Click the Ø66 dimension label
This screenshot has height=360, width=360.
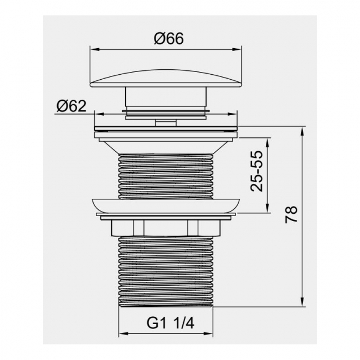pyautogui.click(x=169, y=38)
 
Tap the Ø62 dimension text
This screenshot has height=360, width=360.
pyautogui.click(x=71, y=106)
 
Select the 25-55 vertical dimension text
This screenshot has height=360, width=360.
pyautogui.click(x=256, y=171)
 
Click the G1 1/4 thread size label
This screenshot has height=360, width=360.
pyautogui.click(x=171, y=323)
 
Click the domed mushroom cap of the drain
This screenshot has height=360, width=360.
pyautogui.click(x=166, y=78)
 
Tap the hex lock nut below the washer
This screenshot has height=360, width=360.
pyautogui.click(x=166, y=228)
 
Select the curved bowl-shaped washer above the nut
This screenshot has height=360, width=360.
pyautogui.click(x=166, y=206)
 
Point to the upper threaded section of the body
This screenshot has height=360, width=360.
pyautogui.click(x=166, y=176)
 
